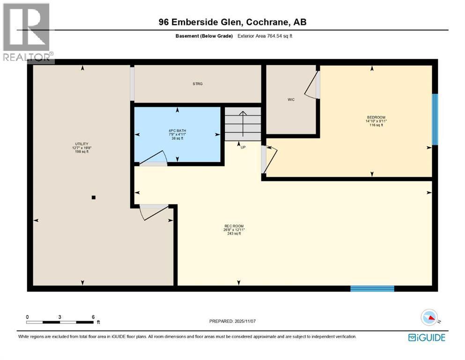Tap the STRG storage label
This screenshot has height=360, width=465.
coord(198,84)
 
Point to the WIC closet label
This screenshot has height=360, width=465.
coord(291,99)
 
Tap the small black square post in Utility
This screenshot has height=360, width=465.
coord(94,197)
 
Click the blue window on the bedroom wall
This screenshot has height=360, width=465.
coord(435,120)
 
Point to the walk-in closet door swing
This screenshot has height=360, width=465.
coord(312,87)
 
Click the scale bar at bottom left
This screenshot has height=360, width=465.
coord(60,322)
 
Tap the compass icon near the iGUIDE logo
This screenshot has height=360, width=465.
coord(429,318)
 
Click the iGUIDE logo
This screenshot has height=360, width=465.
coord(427,337)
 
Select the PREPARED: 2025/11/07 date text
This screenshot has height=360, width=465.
coord(233,321)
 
